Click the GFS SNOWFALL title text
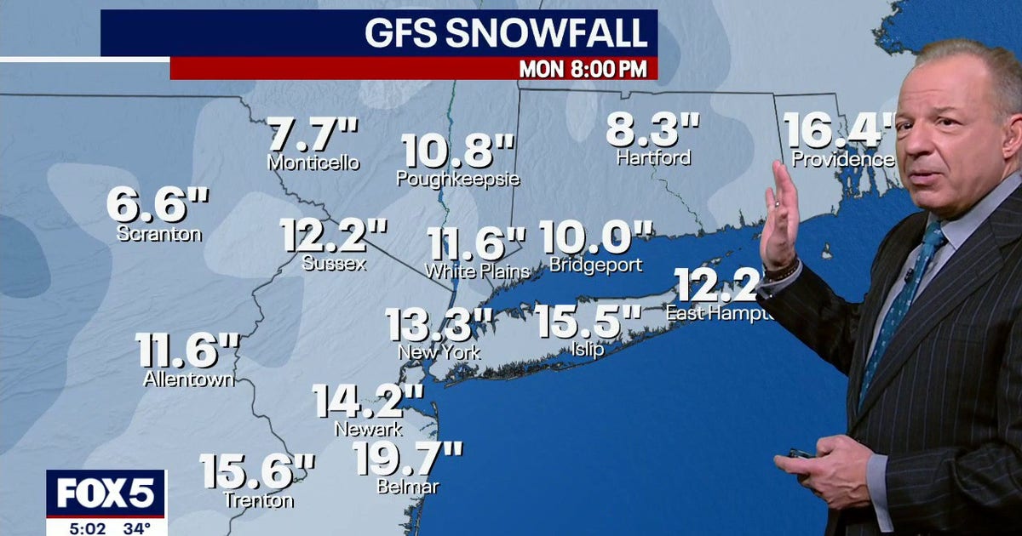(505, 33)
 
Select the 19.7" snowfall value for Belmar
(408, 459)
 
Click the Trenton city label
(259, 500)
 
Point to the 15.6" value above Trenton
(257, 472)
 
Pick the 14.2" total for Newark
(367, 402)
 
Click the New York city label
(439, 351)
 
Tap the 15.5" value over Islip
(589, 322)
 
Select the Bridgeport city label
(595, 265)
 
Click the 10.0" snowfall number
(595, 238)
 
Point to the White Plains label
(477, 271)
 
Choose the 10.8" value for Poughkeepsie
(458, 151)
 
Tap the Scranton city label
(159, 233)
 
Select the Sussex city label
(335, 264)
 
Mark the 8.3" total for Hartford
(652, 131)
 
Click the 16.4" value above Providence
(839, 131)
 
